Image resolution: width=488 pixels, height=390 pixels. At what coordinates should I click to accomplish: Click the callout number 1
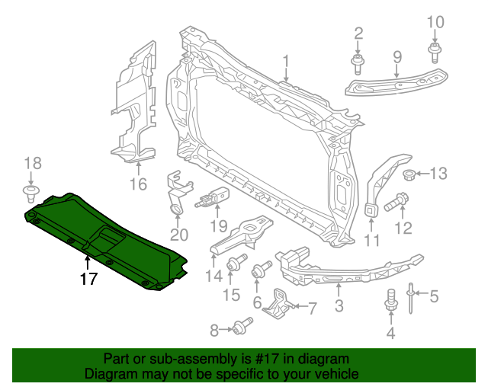[287, 62]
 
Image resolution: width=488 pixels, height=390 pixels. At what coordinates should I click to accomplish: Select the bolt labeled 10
[434, 51]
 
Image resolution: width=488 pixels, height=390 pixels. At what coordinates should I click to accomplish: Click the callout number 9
[396, 56]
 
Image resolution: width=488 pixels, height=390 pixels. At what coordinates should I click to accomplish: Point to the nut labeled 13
[407, 176]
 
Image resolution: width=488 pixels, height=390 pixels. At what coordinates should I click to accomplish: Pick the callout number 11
[371, 241]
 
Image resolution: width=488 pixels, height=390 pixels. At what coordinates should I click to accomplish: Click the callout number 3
[339, 306]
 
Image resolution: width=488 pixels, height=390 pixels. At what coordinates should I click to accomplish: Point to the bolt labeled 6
[262, 268]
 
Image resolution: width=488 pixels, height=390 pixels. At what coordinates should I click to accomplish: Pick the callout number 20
[178, 235]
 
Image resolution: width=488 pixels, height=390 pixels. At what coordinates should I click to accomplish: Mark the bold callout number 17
[89, 279]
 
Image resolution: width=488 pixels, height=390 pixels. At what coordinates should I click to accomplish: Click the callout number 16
[137, 184]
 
